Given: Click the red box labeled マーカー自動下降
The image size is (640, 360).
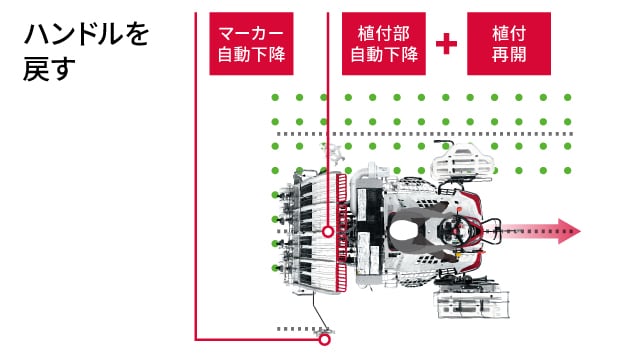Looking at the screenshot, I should [x=251, y=43].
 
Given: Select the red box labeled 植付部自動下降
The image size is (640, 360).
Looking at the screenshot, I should [x=384, y=43].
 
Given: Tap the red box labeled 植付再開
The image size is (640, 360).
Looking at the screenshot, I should [x=508, y=43].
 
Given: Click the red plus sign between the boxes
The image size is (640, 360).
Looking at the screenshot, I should [x=447, y=44].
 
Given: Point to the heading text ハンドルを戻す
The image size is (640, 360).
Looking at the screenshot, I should [x=85, y=53].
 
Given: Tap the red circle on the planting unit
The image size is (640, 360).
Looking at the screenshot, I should [x=327, y=231].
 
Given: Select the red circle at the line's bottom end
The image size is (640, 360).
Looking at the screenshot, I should [x=323, y=340].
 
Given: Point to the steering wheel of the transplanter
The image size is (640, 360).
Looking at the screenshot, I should [x=455, y=233].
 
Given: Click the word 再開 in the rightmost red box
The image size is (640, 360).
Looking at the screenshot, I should [x=508, y=55].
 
